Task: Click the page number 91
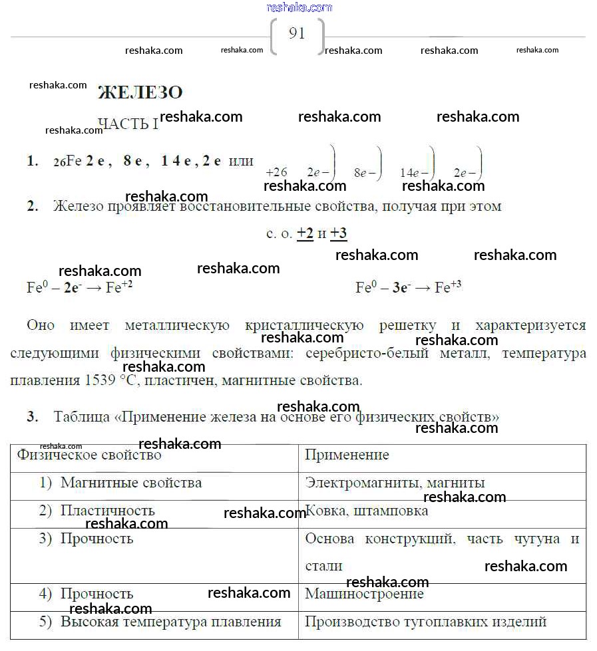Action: tap(297, 34)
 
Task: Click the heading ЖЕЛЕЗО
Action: tap(140, 92)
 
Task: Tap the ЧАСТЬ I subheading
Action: tap(128, 124)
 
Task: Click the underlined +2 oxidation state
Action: tap(305, 233)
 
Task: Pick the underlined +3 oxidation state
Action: tap(339, 233)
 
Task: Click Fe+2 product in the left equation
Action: tap(119, 288)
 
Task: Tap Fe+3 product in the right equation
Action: tap(448, 287)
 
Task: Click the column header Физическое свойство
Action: tap(89, 456)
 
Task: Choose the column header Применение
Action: tap(347, 456)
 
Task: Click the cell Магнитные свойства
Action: tap(131, 483)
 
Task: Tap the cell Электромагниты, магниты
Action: tap(395, 483)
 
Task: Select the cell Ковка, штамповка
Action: tap(367, 511)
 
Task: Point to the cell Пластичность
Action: tap(108, 511)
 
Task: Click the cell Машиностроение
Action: tap(364, 594)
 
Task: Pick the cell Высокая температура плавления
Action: tap(171, 622)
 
